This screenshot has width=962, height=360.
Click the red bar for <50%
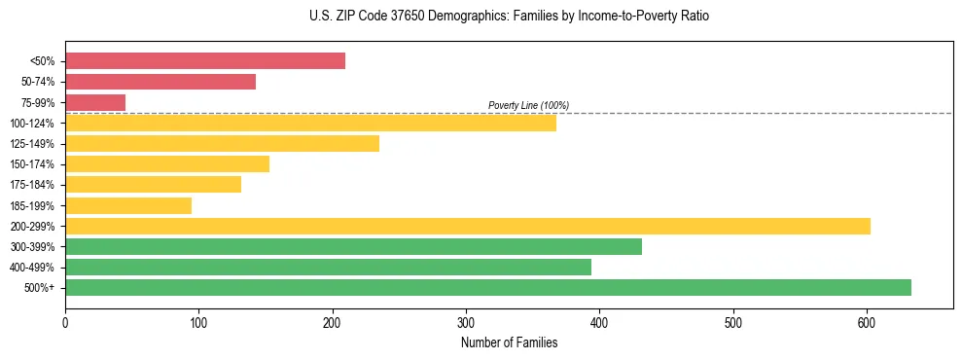click(205, 61)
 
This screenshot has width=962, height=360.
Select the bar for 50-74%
click(160, 82)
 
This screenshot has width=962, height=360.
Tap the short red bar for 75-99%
click(95, 102)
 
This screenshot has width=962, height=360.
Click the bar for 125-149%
click(222, 144)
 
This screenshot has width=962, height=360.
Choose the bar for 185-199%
click(128, 205)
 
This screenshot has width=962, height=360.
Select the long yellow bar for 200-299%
click(468, 226)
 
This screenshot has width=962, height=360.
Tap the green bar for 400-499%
click(328, 267)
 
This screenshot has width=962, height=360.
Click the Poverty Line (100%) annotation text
click(528, 105)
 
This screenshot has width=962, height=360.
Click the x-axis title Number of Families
click(509, 342)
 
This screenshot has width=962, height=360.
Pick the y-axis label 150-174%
click(32, 164)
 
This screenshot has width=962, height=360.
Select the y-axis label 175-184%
click(32, 185)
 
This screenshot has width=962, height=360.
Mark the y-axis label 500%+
click(39, 288)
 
